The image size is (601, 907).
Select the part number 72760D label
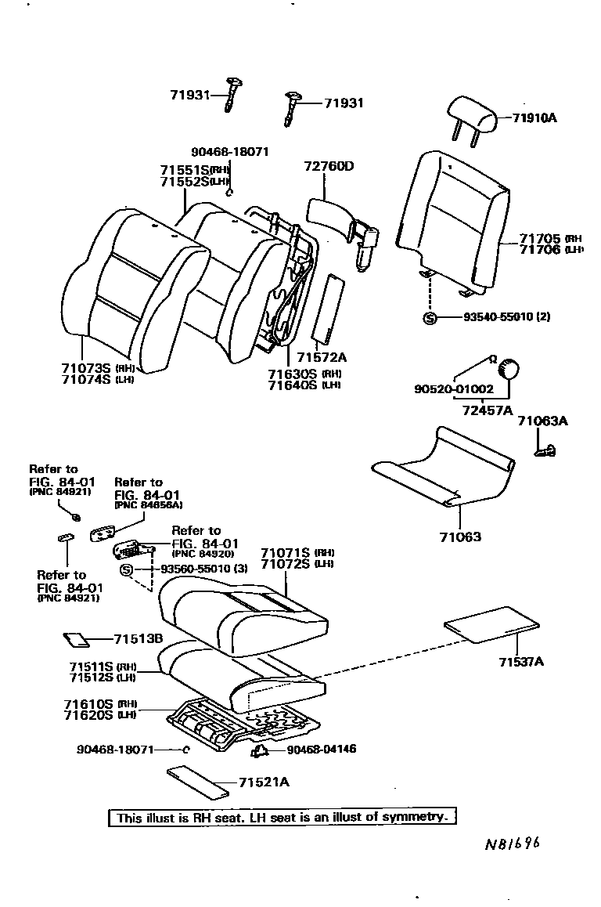click(x=329, y=166)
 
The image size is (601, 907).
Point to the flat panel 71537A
click(x=491, y=623)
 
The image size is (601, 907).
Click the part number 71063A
click(x=542, y=421)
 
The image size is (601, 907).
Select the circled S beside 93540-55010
click(x=429, y=317)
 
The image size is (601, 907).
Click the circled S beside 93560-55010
click(x=127, y=569)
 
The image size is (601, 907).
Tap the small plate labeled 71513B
click(x=77, y=639)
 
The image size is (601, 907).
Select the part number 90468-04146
click(x=322, y=750)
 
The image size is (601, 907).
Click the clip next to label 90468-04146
click(x=259, y=751)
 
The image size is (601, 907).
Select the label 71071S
click(x=286, y=552)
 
